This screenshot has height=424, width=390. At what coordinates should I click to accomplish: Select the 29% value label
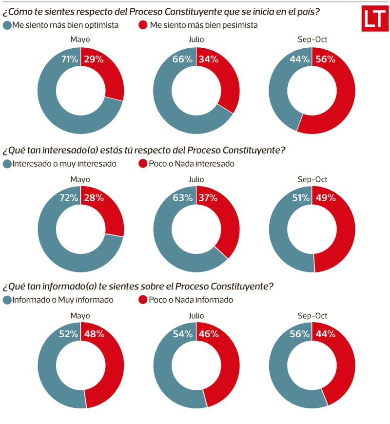tap(93, 59)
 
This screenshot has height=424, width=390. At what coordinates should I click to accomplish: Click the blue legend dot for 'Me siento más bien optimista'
tap(7, 25)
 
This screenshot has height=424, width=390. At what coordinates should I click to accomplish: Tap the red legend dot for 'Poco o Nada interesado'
tap(143, 164)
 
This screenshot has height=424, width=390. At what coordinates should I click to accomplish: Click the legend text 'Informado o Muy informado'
tap(63, 300)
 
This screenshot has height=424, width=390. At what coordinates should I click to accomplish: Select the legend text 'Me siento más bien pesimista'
tap(204, 25)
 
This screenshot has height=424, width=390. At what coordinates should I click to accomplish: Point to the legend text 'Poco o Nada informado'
tap(191, 300)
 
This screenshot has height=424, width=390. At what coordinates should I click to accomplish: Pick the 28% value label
tap(93, 198)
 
